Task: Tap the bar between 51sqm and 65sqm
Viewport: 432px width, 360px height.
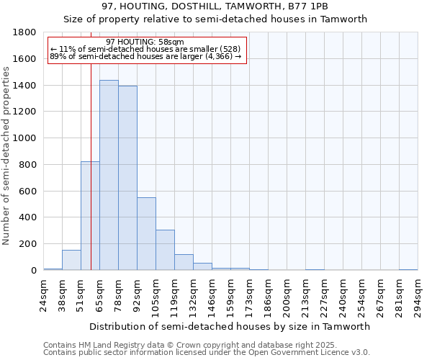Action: (x=90, y=216)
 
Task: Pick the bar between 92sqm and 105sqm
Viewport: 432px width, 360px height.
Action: (x=146, y=234)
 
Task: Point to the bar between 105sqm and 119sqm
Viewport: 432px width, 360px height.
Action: (x=165, y=250)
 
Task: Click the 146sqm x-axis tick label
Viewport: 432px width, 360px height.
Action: (x=212, y=295)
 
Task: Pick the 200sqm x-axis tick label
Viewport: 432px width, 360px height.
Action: (x=287, y=295)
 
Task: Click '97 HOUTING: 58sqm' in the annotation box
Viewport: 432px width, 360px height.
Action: (x=144, y=42)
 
